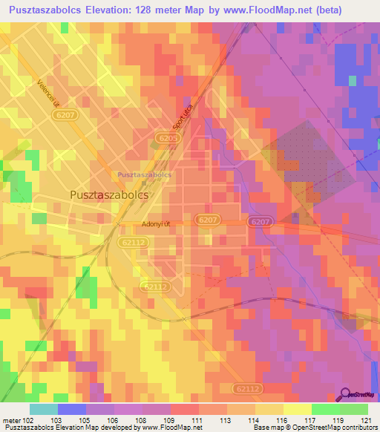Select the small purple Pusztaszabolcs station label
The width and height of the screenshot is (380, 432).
[145, 175]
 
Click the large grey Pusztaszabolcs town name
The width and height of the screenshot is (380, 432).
[108, 194]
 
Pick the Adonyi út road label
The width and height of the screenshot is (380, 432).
[157, 223]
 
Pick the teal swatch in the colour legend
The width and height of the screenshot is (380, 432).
[44, 409]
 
